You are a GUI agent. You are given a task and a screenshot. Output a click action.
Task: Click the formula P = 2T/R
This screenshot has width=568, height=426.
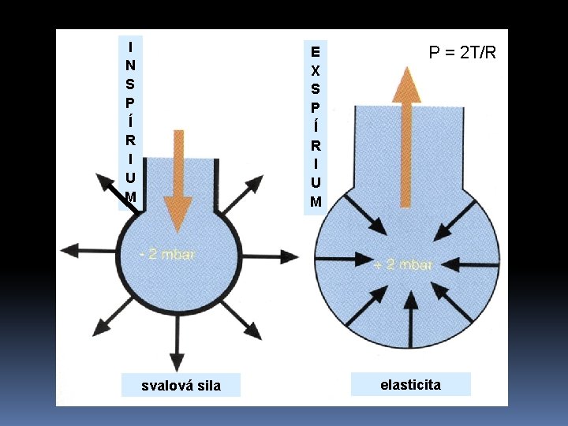[462, 53]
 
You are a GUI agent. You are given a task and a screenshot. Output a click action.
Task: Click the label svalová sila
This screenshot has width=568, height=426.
[181, 385]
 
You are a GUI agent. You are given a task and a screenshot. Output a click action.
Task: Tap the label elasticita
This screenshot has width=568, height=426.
[410, 385]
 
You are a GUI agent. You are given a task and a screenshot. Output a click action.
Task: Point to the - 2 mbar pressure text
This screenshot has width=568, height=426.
[166, 254]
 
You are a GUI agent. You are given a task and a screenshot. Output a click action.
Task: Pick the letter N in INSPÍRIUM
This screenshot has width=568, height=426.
[130, 64]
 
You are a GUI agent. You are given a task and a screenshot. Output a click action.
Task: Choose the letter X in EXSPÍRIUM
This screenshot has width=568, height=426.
[316, 70]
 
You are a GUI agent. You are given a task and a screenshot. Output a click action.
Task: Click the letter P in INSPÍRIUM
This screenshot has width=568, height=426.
[130, 102]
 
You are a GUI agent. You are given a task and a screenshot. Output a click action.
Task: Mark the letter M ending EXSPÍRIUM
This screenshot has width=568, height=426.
[316, 201]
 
